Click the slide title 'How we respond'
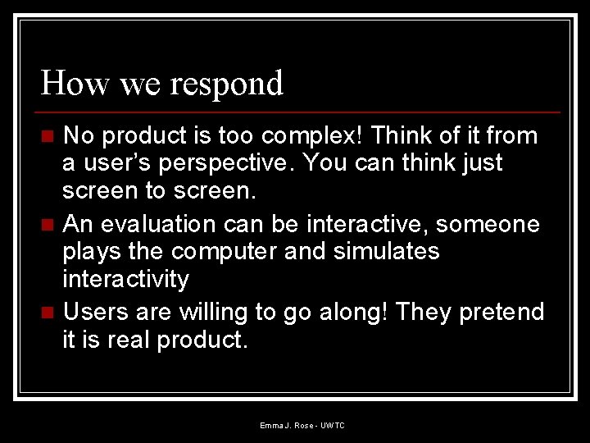tap(162, 84)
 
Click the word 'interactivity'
tap(125, 279)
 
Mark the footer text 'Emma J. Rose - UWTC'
tap(302, 426)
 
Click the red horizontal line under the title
tap(300, 112)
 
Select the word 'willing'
tap(220, 312)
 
